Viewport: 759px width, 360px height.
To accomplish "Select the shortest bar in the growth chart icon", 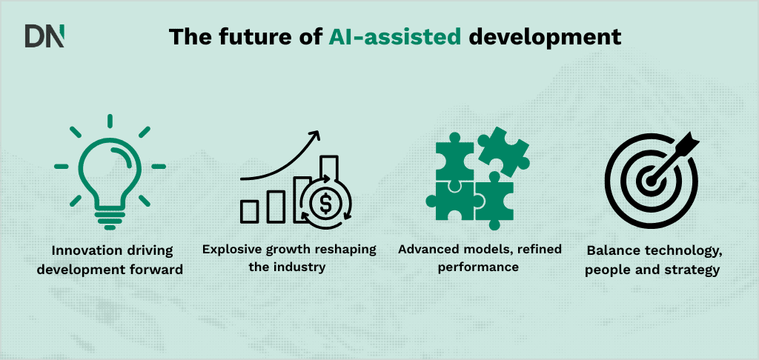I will (250, 212).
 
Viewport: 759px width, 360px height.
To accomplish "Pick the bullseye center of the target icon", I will (650, 179).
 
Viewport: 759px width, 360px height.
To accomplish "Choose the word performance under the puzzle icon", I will (478, 267).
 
